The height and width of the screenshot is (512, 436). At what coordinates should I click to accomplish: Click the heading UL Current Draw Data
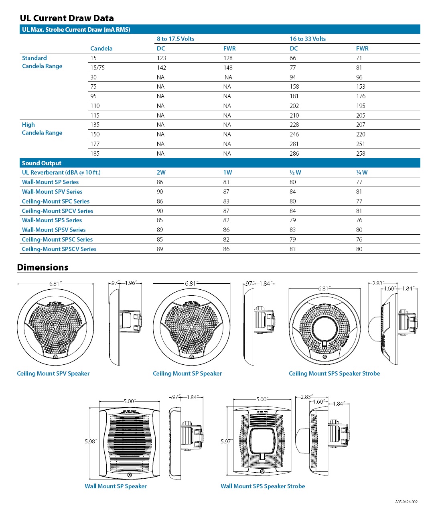click(x=67, y=18)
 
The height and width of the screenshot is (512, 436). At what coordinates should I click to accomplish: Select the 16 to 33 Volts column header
click(x=308, y=39)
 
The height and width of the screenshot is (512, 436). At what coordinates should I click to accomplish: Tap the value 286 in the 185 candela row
click(x=294, y=154)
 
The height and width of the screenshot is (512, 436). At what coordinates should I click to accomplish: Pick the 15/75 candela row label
click(x=97, y=68)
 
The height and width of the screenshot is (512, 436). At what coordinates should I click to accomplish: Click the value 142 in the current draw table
click(x=161, y=68)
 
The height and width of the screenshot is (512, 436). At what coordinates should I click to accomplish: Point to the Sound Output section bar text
click(x=41, y=163)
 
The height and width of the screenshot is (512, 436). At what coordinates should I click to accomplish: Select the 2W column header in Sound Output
click(x=161, y=173)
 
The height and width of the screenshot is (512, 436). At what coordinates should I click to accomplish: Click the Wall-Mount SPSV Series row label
click(x=54, y=230)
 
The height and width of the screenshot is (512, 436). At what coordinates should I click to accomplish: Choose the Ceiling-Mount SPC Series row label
click(x=56, y=201)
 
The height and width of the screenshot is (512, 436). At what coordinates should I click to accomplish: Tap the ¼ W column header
click(x=362, y=173)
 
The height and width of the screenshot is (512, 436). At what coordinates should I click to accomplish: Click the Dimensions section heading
click(x=43, y=268)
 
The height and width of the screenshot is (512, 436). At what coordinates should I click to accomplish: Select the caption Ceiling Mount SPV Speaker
click(x=53, y=374)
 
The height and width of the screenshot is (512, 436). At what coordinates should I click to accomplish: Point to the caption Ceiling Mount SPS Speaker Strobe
click(x=334, y=374)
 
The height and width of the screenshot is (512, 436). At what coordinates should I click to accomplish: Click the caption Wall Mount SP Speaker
click(x=116, y=486)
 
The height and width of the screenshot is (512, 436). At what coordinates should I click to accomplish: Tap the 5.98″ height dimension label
click(x=91, y=441)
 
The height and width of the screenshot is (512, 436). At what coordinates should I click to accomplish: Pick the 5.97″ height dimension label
click(x=227, y=441)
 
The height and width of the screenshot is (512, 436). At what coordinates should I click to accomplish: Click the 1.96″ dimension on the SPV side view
click(x=131, y=283)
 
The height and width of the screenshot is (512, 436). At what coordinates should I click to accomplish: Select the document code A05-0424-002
click(x=406, y=502)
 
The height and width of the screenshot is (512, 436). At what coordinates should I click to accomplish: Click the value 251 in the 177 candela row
click(x=361, y=144)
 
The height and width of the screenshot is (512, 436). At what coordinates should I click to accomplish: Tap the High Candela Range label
click(x=42, y=129)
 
